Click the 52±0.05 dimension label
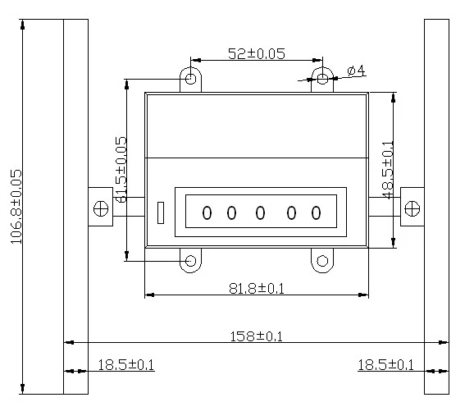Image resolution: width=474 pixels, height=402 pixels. (x=257, y=54)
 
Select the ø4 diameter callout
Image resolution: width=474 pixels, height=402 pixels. (x=357, y=71)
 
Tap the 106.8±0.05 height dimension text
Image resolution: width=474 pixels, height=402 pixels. (x=16, y=207)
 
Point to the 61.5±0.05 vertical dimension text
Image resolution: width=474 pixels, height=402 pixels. (x=121, y=169)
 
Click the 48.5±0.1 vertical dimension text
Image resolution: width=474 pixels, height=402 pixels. (x=388, y=170)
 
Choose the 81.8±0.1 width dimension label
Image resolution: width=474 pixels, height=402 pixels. (x=257, y=288)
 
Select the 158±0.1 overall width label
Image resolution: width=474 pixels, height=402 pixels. (x=257, y=336)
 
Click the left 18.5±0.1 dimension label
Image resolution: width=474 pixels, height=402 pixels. (x=125, y=365)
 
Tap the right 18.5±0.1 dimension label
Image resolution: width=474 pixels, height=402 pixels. (x=385, y=365)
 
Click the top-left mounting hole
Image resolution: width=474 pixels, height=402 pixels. (x=190, y=79)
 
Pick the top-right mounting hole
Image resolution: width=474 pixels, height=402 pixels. (x=322, y=79)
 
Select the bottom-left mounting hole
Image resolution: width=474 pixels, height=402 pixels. (x=190, y=261)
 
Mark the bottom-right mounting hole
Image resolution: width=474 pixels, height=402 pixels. (x=322, y=261)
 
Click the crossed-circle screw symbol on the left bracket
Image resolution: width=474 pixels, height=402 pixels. (x=101, y=208)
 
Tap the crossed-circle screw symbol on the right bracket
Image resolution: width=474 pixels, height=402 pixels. (x=412, y=208)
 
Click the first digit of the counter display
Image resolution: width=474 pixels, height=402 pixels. (x=207, y=212)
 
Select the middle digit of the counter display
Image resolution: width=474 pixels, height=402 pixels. (x=260, y=212)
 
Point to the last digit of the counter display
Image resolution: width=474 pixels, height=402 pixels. (x=316, y=212)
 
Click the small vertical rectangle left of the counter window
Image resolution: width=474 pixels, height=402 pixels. (x=161, y=213)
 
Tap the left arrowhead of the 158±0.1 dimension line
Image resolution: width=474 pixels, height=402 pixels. (x=70, y=342)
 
